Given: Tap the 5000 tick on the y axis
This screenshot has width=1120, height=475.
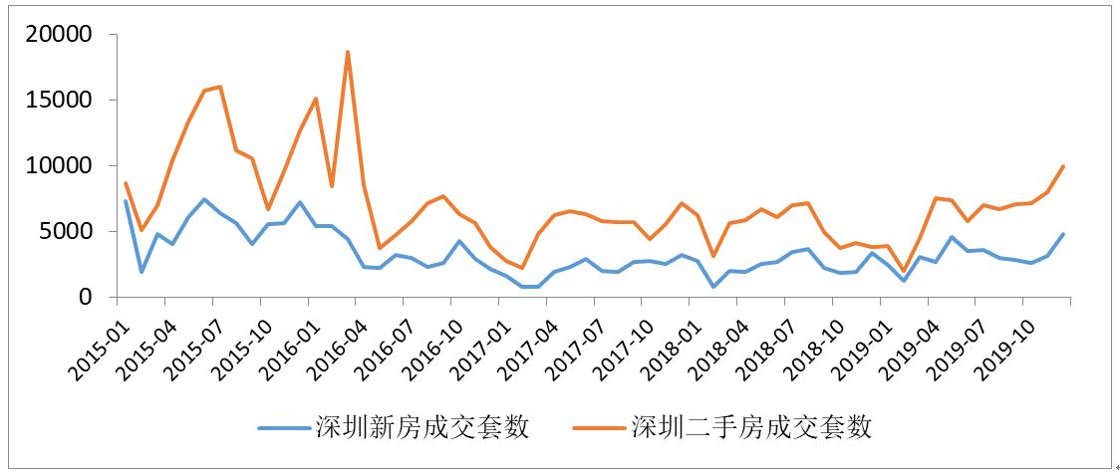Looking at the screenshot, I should pos(69,232).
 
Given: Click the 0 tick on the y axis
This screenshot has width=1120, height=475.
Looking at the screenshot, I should pos(87,298).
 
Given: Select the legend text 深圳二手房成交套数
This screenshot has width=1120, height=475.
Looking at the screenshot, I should pos(751,428).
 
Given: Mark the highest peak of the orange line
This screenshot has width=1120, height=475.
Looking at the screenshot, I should pos(348,52).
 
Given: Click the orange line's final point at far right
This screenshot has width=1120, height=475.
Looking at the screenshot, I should pos(1064,166).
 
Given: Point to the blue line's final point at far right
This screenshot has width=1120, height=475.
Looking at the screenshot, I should pos(1064,234).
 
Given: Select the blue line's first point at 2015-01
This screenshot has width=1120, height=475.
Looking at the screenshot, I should pos(126,201).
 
